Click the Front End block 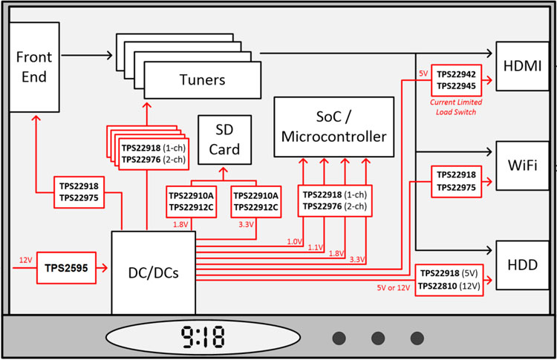click(34, 67)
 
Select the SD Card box click(224, 140)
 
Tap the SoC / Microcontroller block click(334, 127)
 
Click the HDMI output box click(522, 66)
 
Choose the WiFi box click(522, 166)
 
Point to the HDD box click(522, 265)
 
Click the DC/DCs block click(154, 272)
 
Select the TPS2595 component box click(66, 268)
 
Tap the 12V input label click(25, 261)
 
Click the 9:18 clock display click(203, 337)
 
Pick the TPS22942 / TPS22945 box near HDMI click(457, 80)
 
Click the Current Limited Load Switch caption click(456, 107)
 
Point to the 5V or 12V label click(393, 287)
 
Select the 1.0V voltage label click(295, 242)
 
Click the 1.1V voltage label click(316, 247)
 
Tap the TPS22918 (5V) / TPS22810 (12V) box click(449, 280)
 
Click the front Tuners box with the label click(203, 80)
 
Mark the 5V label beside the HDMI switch click(423, 73)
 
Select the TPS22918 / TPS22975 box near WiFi click(457, 181)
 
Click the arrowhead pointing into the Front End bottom click(36, 118)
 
